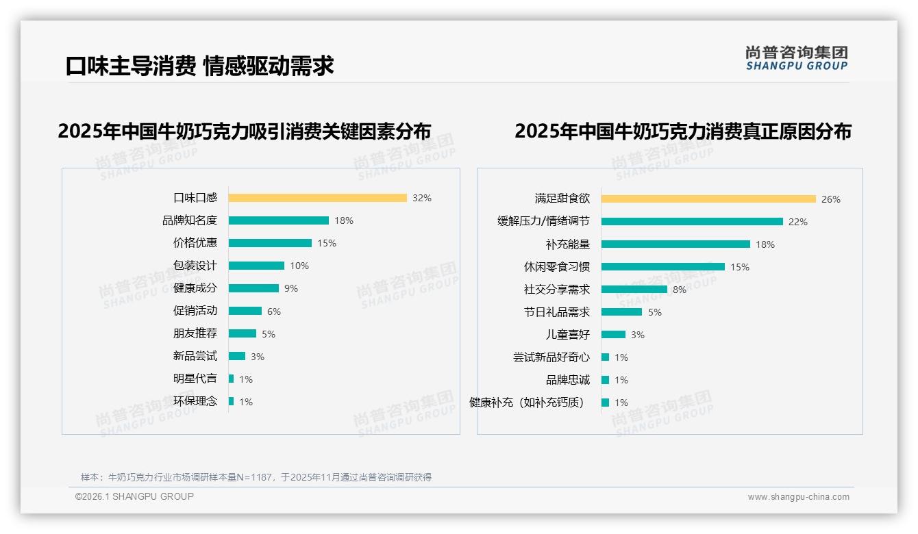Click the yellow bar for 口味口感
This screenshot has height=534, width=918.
pos(317,198)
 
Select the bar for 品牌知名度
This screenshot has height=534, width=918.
pos(278,220)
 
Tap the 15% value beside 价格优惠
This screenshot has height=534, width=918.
pos(327,243)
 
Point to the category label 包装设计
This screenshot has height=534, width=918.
pos(195,266)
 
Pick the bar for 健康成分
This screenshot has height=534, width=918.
pos(253,288)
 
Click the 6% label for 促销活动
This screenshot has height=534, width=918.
pos(274,311)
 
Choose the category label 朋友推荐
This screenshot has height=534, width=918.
pos(195,333)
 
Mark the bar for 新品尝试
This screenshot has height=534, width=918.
pos(237,356)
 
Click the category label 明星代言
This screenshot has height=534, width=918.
pos(195,379)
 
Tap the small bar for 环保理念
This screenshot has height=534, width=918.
pos(232,401)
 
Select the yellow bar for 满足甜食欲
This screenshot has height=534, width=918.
pos(708,199)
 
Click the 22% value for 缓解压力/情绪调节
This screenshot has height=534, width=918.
pos(798,222)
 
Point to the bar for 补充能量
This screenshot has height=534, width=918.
pos(675,244)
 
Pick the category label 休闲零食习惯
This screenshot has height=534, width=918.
pos(556,267)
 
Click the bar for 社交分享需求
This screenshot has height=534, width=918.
pos(634,290)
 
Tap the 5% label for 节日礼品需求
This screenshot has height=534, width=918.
pos(655,312)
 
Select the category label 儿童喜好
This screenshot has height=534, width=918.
pos(567,335)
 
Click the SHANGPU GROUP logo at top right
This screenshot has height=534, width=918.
pos(797,58)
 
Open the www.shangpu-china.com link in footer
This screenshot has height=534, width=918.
pos(798,497)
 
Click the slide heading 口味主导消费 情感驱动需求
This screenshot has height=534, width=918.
pos(199,66)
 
